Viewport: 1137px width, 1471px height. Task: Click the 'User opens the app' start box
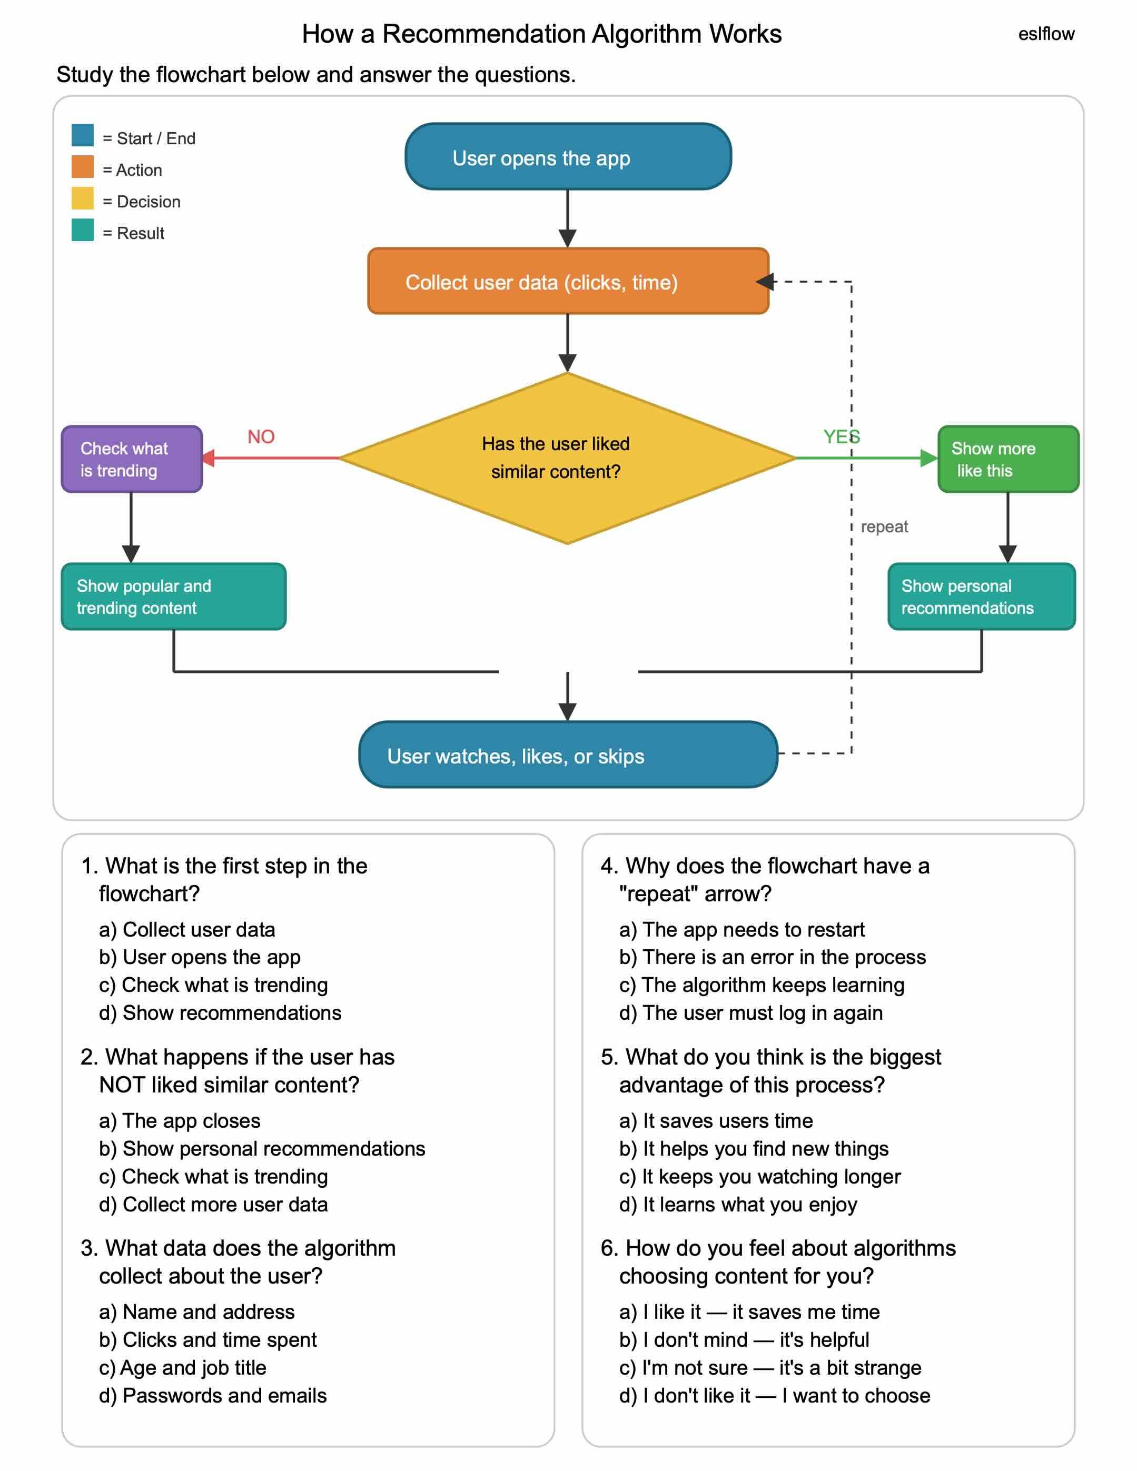(568, 156)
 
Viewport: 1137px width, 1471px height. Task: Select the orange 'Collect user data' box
(568, 281)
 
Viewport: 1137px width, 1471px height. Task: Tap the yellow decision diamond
(568, 458)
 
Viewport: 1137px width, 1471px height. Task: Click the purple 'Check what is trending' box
(131, 459)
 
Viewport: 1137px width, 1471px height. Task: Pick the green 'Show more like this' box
(1007, 459)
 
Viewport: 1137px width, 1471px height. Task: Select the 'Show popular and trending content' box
(174, 596)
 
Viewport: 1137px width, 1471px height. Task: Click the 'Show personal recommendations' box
(982, 596)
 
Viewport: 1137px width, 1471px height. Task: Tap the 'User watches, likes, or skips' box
(568, 754)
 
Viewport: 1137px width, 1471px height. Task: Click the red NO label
(261, 437)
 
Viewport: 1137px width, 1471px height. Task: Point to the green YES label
(842, 437)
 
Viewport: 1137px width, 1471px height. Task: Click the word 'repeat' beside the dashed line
(884, 526)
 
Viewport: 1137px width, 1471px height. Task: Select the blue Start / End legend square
(83, 135)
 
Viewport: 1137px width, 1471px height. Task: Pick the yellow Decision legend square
(83, 198)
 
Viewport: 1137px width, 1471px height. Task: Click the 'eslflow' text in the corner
(1045, 34)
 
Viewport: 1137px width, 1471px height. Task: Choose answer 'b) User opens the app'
(200, 957)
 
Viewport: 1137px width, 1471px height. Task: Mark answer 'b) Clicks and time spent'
(207, 1340)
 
